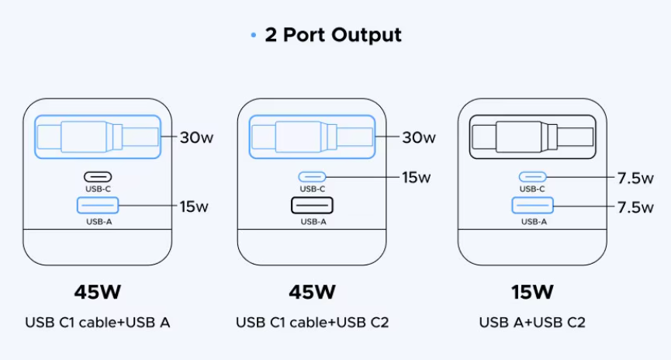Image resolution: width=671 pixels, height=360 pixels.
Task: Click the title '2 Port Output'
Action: [x=334, y=35]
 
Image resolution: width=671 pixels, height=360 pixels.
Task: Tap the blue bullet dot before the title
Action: [x=253, y=36]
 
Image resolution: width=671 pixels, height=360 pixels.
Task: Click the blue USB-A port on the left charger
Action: [x=98, y=206]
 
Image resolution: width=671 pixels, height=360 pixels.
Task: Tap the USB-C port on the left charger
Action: [x=98, y=177]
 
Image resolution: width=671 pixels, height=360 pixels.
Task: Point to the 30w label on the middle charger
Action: [x=419, y=137]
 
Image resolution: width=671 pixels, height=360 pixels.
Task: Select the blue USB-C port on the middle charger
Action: [x=312, y=177]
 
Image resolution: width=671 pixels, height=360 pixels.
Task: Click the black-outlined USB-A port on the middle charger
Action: [x=312, y=206]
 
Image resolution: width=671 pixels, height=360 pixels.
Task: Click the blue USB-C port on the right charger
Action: [x=532, y=177]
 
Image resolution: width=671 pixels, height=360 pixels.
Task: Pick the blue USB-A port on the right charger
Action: [x=532, y=206]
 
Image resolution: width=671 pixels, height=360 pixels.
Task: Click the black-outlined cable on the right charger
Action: [x=532, y=138]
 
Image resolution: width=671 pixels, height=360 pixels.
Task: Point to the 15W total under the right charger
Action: [x=533, y=292]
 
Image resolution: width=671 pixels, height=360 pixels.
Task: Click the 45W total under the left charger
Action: [x=98, y=292]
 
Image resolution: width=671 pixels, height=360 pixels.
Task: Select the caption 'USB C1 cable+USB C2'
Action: [x=312, y=322]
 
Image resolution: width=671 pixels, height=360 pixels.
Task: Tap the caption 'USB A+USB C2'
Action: [x=532, y=322]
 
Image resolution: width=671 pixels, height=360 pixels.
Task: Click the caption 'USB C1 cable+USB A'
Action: [x=98, y=322]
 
